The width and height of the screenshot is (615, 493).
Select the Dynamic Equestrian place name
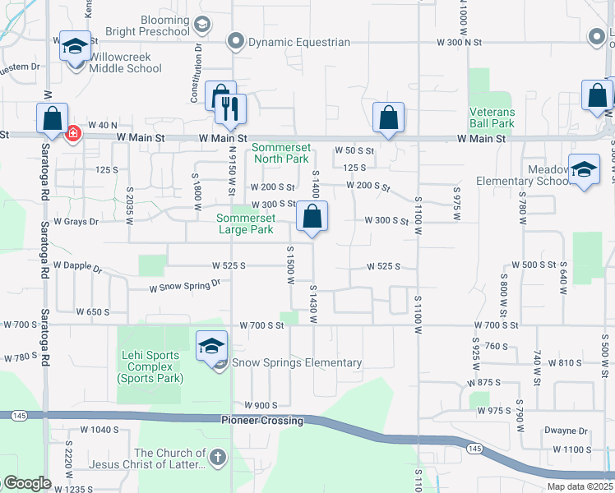[x=299, y=42]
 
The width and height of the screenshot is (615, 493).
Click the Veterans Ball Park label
[x=492, y=117]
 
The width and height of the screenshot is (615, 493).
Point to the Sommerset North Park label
[x=280, y=153]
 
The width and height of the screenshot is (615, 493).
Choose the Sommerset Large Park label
[x=245, y=223]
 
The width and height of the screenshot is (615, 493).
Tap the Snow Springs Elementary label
[x=297, y=362]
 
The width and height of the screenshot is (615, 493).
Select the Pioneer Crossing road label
[x=263, y=421]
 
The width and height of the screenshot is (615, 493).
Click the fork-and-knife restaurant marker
[x=231, y=107]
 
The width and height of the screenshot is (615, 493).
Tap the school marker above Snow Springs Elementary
[x=211, y=346]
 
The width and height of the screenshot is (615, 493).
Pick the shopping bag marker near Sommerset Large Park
[x=312, y=217]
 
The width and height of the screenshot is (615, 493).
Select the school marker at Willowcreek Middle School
[x=75, y=46]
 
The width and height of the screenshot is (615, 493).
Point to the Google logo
[x=27, y=483]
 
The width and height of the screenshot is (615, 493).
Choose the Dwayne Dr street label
[x=566, y=431]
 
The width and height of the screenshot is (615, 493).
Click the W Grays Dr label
[x=76, y=222]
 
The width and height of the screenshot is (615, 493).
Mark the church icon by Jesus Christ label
[x=216, y=456]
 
